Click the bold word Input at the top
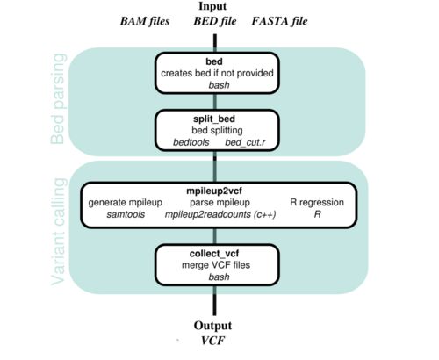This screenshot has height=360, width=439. (212, 6)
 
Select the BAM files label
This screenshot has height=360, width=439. (145, 21)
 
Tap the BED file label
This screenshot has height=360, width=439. (215, 21)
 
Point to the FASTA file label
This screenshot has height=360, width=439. (279, 21)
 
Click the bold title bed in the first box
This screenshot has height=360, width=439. (214, 61)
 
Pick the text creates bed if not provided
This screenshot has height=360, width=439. (217, 73)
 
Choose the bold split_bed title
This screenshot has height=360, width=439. (214, 119)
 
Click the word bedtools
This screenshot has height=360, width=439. (191, 142)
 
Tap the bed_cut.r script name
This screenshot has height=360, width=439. (245, 142)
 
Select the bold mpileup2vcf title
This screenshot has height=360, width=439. (214, 191)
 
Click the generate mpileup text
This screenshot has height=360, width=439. (126, 203)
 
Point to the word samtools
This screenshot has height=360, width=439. (126, 214)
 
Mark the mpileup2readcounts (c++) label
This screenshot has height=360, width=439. (220, 214)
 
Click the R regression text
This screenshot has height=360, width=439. (317, 202)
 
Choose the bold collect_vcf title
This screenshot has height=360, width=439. (214, 254)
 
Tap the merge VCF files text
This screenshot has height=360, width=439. (216, 265)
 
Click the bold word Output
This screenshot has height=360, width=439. (212, 326)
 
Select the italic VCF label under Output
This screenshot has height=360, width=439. (212, 341)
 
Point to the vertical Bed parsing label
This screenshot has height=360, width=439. (57, 99)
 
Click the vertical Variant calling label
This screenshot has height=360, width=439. (58, 231)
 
